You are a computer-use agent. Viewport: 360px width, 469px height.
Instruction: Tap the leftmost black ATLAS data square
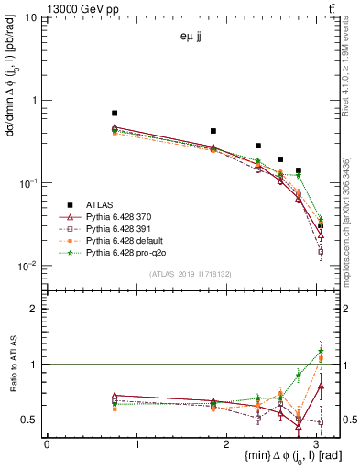point(115,113)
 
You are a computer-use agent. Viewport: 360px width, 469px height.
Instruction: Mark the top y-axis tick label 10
point(31,17)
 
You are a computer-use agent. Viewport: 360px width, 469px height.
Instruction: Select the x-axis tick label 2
point(228,444)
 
